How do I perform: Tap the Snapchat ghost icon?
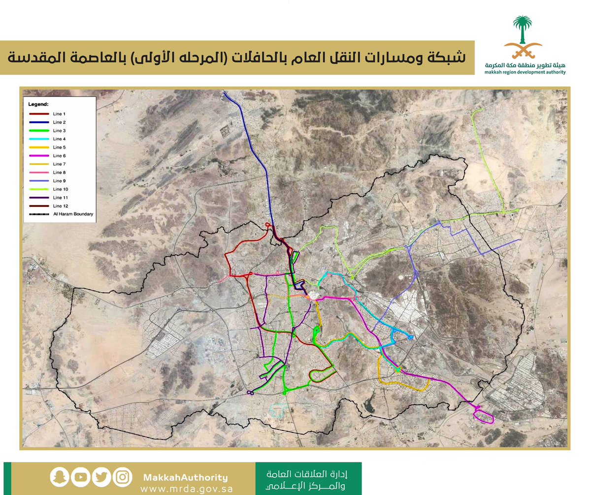pyautogui.click(x=58, y=477)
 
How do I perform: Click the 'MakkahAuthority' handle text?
pyautogui.click(x=186, y=477)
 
